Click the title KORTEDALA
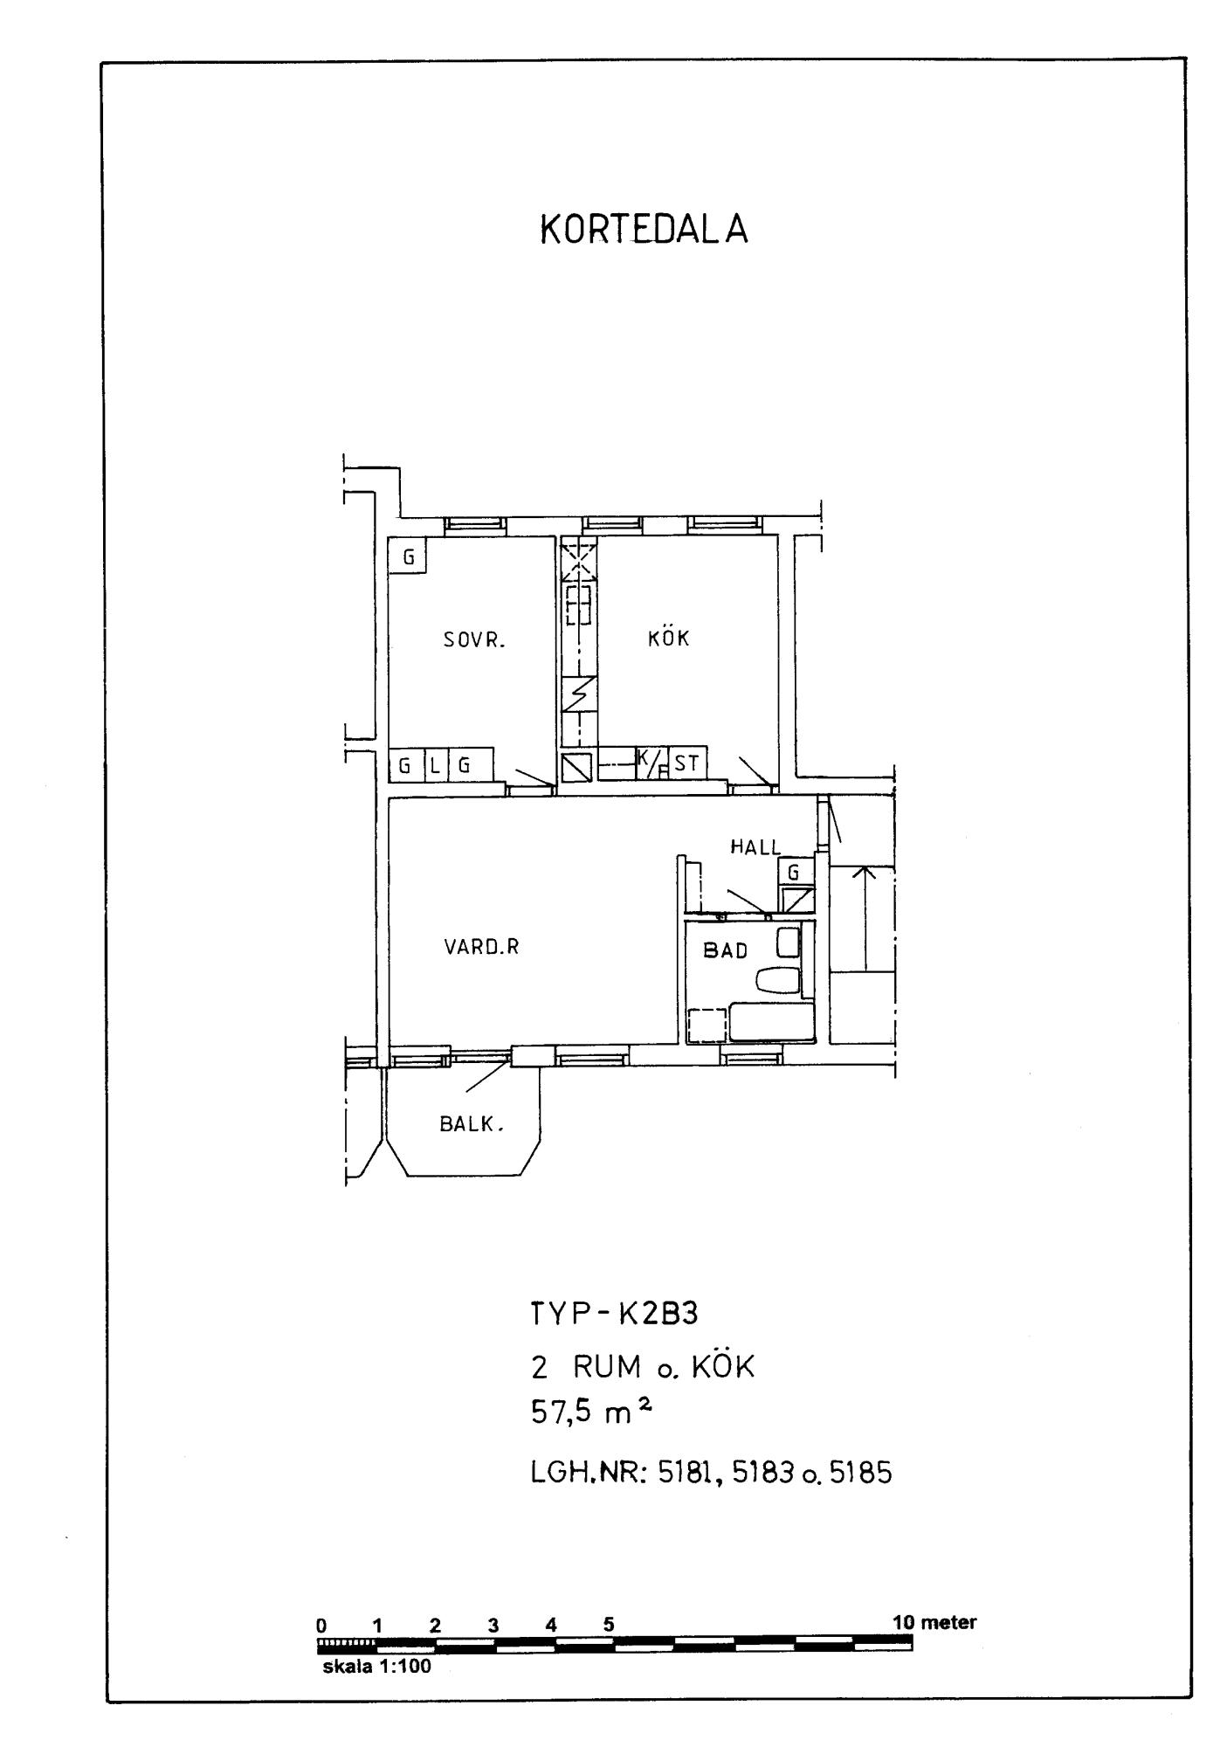[645, 229]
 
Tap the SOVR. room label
[475, 639]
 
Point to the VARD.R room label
[482, 947]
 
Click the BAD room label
[726, 950]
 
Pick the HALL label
[756, 846]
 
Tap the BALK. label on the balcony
[472, 1124]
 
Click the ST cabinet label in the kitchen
[686, 763]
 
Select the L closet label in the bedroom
[435, 765]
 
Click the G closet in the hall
[794, 872]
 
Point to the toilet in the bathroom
[778, 980]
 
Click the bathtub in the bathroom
[772, 1022]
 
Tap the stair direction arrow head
[864, 870]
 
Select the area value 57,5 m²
[593, 1412]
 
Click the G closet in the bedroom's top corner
[408, 556]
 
